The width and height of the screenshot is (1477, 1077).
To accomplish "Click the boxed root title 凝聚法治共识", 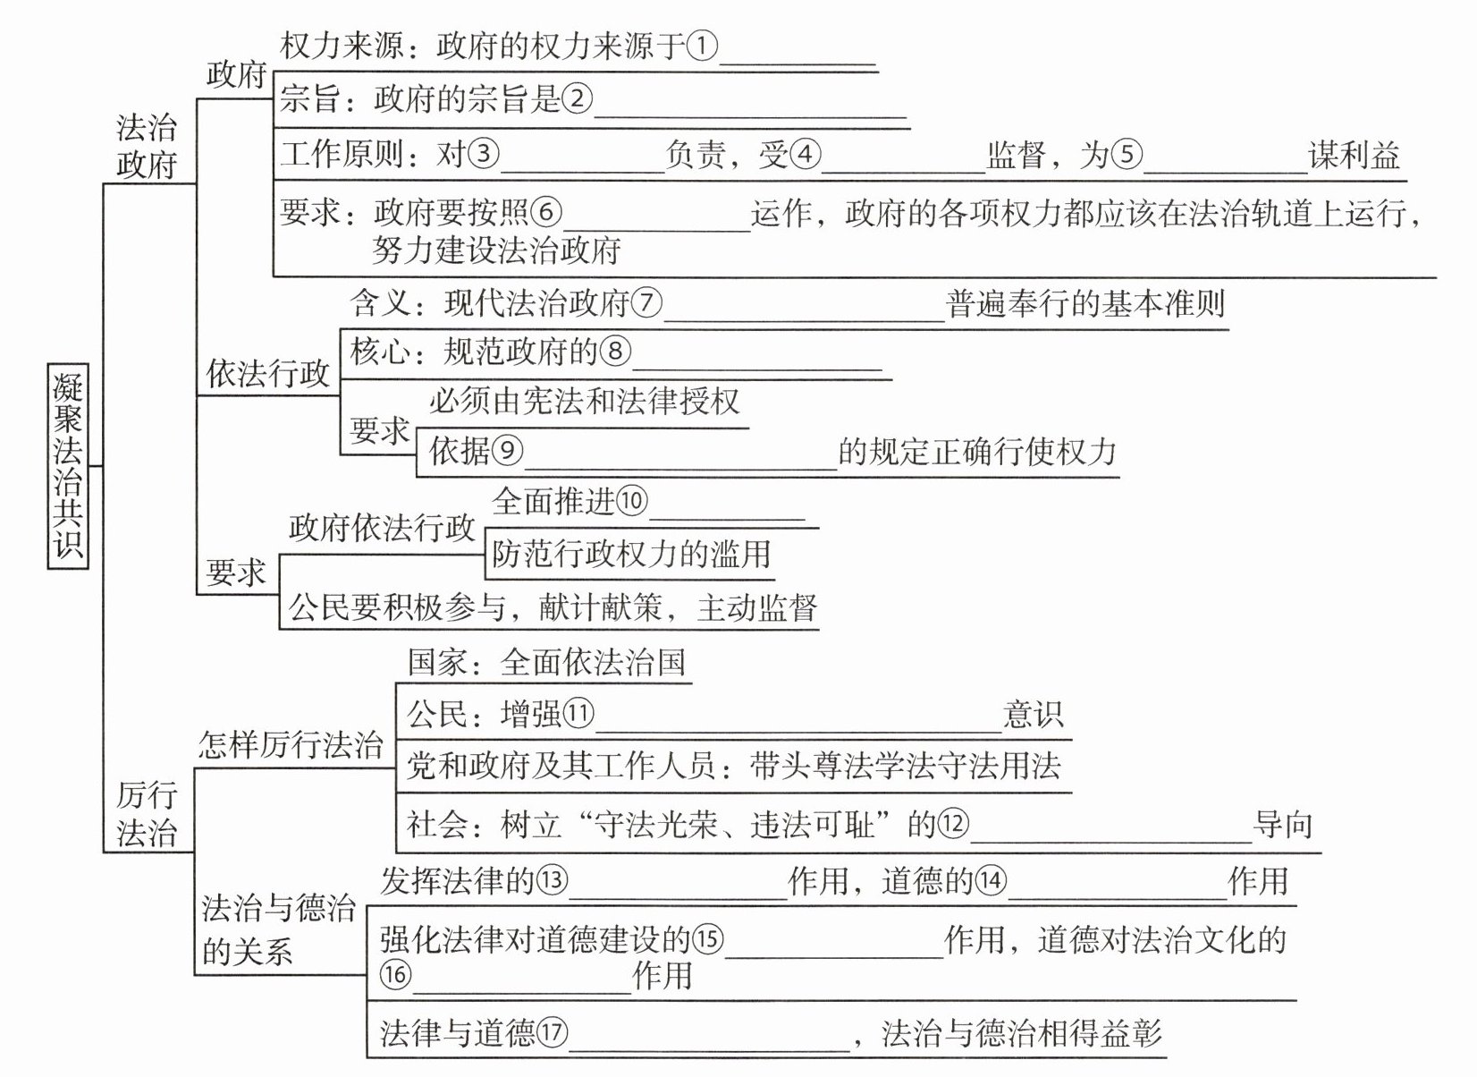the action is click(x=67, y=465).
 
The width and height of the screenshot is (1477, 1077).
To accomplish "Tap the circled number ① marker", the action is click(x=702, y=46).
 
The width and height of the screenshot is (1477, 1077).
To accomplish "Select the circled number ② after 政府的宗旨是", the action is click(x=577, y=98).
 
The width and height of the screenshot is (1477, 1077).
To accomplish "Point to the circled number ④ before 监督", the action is click(x=805, y=156).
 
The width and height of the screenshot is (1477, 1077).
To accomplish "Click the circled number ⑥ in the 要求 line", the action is click(x=546, y=213).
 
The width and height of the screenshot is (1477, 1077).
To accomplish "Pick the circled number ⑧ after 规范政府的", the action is click(x=615, y=352).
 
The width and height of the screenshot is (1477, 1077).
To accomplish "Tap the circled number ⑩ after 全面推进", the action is click(x=631, y=501).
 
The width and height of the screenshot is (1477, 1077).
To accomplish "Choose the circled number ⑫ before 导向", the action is click(x=953, y=824).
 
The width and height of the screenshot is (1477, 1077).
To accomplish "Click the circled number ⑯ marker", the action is click(x=395, y=974).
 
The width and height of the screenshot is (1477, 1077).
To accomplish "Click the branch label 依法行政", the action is click(x=268, y=374).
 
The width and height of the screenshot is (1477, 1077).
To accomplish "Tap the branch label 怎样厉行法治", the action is click(x=290, y=744).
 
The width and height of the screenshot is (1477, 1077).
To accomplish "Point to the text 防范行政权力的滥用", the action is click(x=630, y=555).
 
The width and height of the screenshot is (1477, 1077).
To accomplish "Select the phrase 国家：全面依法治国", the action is click(x=546, y=663).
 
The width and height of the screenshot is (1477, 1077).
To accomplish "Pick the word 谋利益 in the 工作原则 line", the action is click(x=1355, y=156).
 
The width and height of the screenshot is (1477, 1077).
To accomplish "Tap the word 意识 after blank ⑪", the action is click(x=1033, y=715).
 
